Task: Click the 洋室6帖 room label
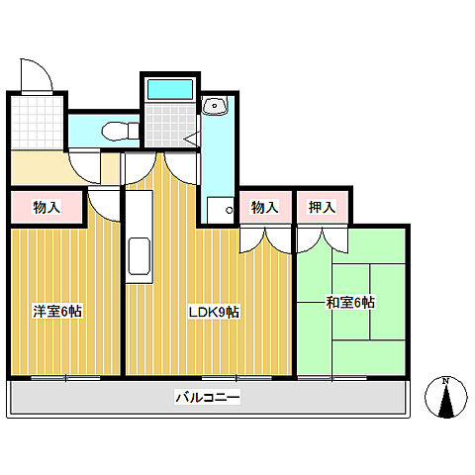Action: coord(56,311)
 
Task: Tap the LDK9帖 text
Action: coord(215,311)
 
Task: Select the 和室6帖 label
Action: coord(350,302)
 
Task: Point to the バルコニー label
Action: coord(208,398)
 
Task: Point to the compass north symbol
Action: coord(445,399)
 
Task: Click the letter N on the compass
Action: coord(445,381)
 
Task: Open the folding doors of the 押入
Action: coord(320,238)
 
